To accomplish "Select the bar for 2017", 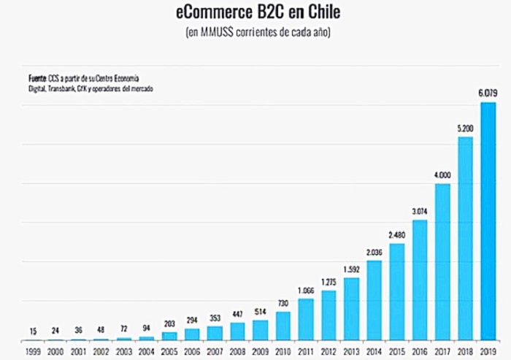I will tap(442, 262).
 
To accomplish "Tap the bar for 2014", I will tap(374, 301).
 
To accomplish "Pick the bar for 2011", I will tap(306, 319).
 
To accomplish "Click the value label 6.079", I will tap(488, 93).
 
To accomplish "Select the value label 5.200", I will tap(465, 128).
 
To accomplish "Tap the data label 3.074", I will tap(420, 211).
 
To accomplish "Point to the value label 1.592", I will tap(351, 269).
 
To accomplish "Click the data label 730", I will tap(283, 303).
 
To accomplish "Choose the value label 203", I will tap(169, 323).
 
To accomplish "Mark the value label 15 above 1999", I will tap(33, 331).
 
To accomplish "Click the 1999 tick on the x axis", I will tap(33, 351).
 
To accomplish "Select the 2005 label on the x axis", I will tap(169, 351).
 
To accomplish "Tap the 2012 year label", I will tap(328, 351).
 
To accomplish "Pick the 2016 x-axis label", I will tap(420, 351).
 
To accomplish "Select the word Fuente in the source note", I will tap(37, 77).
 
